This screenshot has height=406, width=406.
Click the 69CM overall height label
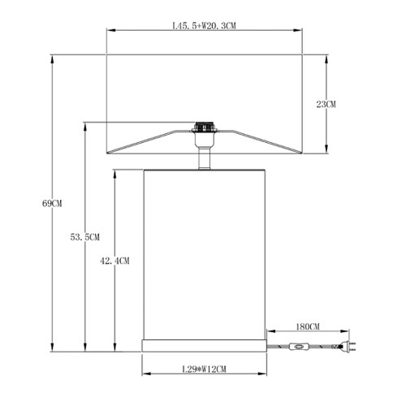(52, 203)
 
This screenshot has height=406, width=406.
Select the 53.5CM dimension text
(85, 237)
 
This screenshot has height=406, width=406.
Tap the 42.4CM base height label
(114, 261)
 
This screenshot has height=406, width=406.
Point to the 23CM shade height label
(326, 104)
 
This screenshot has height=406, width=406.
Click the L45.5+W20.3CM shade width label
(204, 26)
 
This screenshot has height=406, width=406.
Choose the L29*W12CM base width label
(204, 369)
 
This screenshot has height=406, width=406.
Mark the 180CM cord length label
(308, 326)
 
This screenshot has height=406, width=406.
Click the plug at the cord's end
(348, 346)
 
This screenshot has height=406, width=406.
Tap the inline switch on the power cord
(299, 346)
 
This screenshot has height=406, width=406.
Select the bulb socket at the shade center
(205, 127)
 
